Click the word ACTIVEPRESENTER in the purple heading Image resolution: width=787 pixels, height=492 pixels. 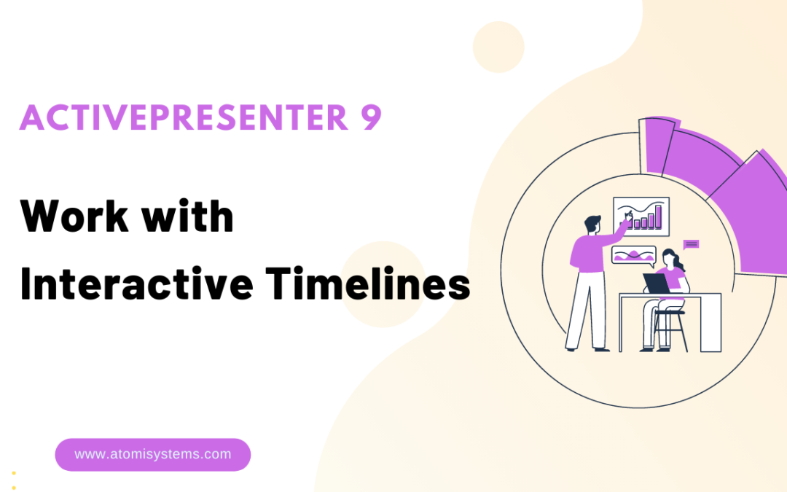coord(184,117)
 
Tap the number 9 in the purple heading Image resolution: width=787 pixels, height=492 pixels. coord(371,117)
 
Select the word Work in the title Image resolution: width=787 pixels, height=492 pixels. coord(74,216)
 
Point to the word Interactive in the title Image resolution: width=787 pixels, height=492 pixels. coord(136,284)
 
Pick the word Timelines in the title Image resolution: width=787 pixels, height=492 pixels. coord(368,284)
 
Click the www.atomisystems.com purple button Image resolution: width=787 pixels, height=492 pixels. coord(152,454)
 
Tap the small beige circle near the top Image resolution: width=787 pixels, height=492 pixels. coord(498,47)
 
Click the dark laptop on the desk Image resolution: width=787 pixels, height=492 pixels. coord(657,283)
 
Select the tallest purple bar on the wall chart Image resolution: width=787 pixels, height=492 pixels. coord(658,216)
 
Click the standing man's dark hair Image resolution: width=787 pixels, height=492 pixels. coord(592,223)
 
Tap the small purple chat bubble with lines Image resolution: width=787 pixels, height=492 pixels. coord(691,244)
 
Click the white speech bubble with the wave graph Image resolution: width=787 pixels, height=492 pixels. coord(633,255)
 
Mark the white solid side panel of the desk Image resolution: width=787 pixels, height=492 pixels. coord(710,323)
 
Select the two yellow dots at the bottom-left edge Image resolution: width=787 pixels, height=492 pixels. coord(14,480)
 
